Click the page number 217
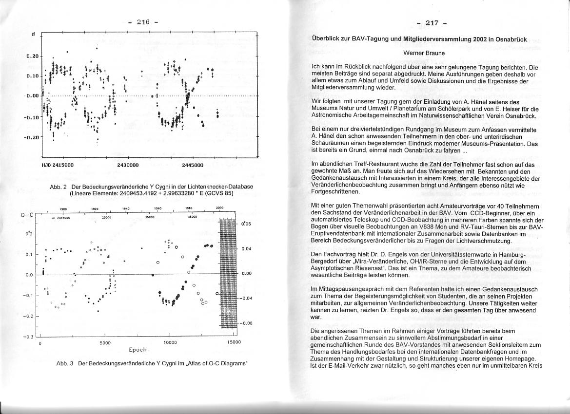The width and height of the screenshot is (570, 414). pos(432,23)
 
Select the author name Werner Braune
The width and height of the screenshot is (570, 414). pos(424,53)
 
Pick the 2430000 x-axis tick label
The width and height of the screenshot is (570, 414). pos(128,165)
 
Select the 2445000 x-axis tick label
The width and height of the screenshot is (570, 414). pos(193,165)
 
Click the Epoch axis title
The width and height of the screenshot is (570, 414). pos(138,350)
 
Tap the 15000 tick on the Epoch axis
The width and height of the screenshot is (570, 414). pos(234,342)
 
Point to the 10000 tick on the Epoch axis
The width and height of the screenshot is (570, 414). pos(170,342)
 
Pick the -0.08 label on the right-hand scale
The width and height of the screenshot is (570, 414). pos(247,323)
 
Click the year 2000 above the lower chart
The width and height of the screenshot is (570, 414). pos(219,208)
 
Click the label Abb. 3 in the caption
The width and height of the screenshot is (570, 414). pos(65,364)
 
